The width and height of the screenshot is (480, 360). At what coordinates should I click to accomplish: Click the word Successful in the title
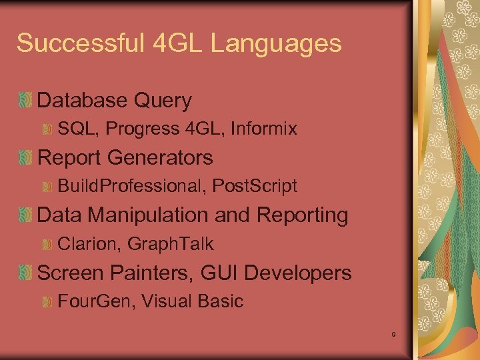pyautogui.click(x=79, y=44)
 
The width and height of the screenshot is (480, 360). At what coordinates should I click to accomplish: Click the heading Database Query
pyautogui.click(x=115, y=101)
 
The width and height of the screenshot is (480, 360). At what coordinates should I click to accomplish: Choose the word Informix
pyautogui.click(x=264, y=129)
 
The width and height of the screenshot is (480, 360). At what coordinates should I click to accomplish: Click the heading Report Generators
pyautogui.click(x=125, y=158)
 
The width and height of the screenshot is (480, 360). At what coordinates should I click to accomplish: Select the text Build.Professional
pyautogui.click(x=132, y=186)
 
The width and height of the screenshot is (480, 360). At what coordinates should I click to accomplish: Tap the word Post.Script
pyautogui.click(x=255, y=186)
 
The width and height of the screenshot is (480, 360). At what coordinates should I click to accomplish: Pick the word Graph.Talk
pyautogui.click(x=171, y=244)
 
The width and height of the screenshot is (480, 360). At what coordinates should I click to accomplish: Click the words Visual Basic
pyautogui.click(x=193, y=301)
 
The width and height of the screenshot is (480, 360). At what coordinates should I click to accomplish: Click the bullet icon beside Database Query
pyautogui.click(x=25, y=101)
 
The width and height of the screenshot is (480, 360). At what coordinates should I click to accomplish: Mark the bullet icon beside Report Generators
pyautogui.click(x=25, y=159)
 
